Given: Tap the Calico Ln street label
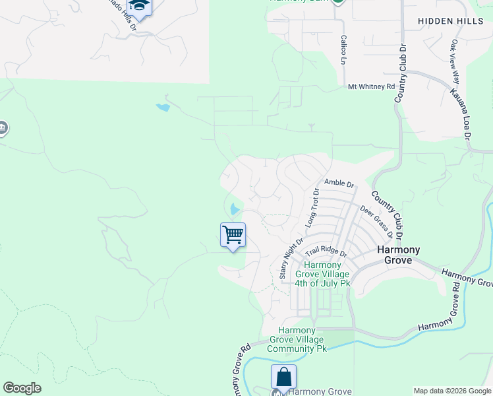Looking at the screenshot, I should tap(343, 49).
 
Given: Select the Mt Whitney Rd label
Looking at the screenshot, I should tap(371, 86).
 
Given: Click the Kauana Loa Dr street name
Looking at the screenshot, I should tap(461, 113).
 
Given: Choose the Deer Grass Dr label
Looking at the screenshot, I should tap(377, 222).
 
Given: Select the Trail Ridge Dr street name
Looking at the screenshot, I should tap(326, 252).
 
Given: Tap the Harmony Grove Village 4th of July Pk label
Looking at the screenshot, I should tap(322, 274).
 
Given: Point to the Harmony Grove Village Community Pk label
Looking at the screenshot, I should tap(303, 339).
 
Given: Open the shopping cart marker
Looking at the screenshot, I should tap(233, 235).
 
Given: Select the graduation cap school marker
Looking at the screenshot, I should tap(139, 7).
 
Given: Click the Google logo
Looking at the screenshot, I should tap(22, 388).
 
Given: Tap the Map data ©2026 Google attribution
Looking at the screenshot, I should tap(452, 391).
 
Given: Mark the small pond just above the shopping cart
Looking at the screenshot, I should tap(235, 210).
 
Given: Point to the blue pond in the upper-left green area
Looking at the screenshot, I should tap(163, 106).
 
